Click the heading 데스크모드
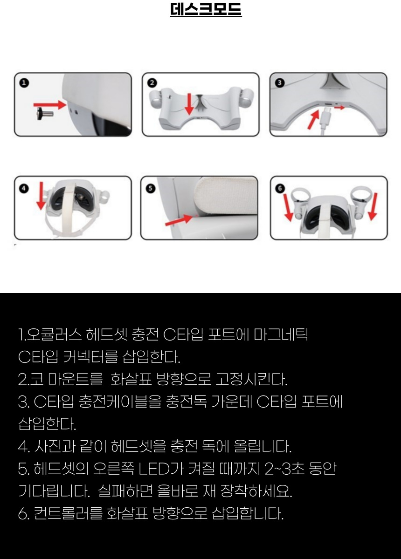coord(206,9)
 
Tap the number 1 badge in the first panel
coord(24,83)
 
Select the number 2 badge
coord(152,83)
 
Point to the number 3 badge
coord(280,82)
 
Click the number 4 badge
coord(24,188)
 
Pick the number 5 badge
coord(150,188)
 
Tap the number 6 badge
coord(280,188)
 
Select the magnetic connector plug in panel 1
coord(45,114)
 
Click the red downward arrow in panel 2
coord(190,104)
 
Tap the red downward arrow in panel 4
coord(41,196)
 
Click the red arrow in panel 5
coord(179,220)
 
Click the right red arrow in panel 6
coord(373,206)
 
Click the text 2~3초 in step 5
coord(284,469)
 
